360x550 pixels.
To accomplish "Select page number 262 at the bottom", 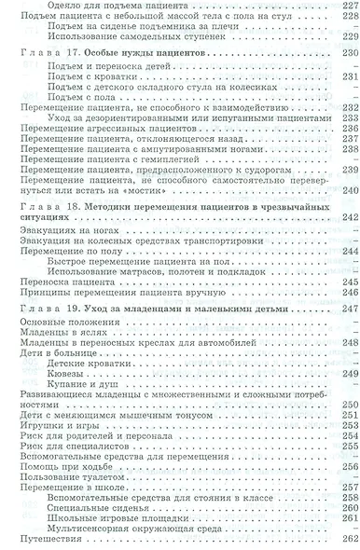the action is click(348, 538).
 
